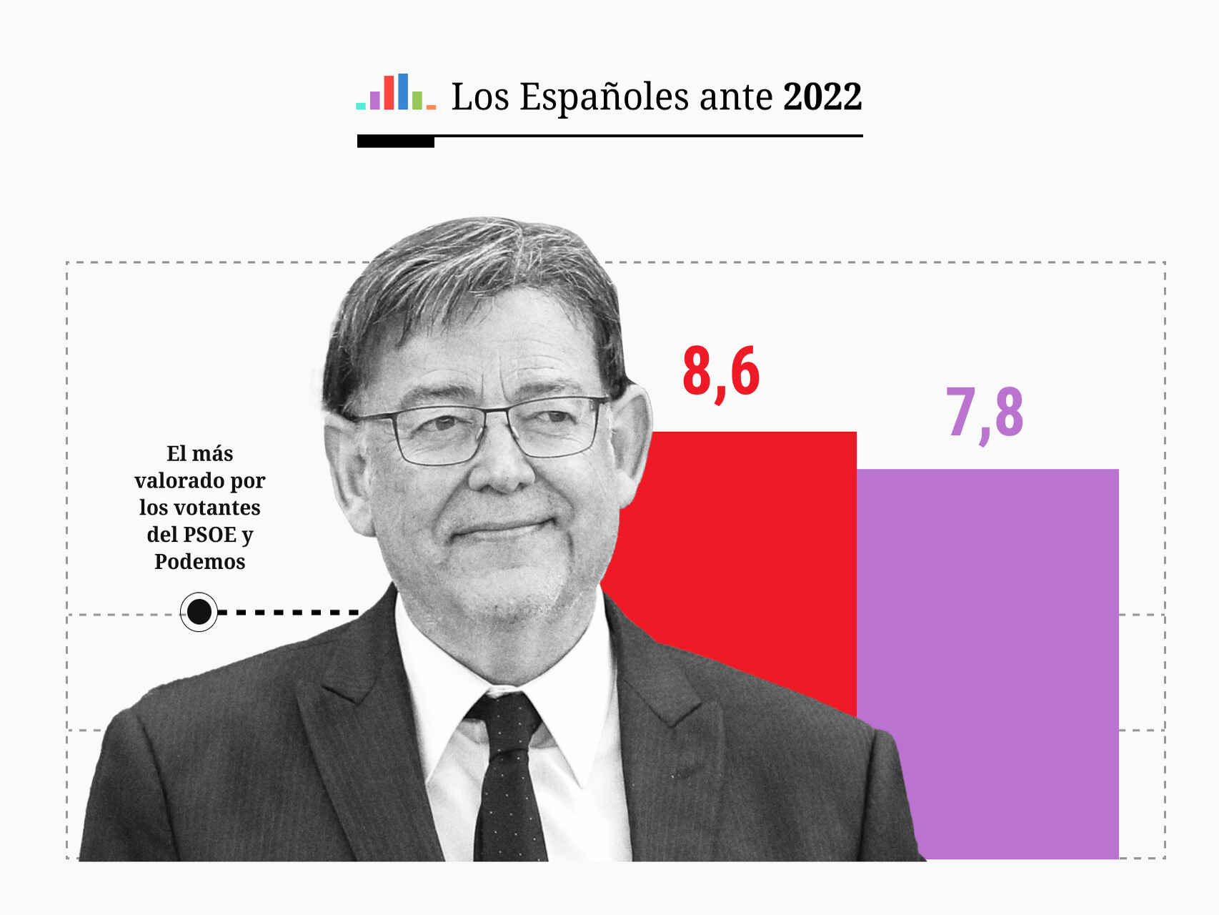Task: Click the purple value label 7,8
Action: [985, 413]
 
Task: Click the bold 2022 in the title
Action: [822, 97]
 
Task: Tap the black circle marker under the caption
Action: [199, 612]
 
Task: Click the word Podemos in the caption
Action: [199, 562]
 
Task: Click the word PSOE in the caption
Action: [209, 535]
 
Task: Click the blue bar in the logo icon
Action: [403, 91]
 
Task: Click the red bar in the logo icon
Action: [389, 93]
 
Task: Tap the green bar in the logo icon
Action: [417, 100]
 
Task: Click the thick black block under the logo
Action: [395, 142]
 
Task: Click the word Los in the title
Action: [479, 97]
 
